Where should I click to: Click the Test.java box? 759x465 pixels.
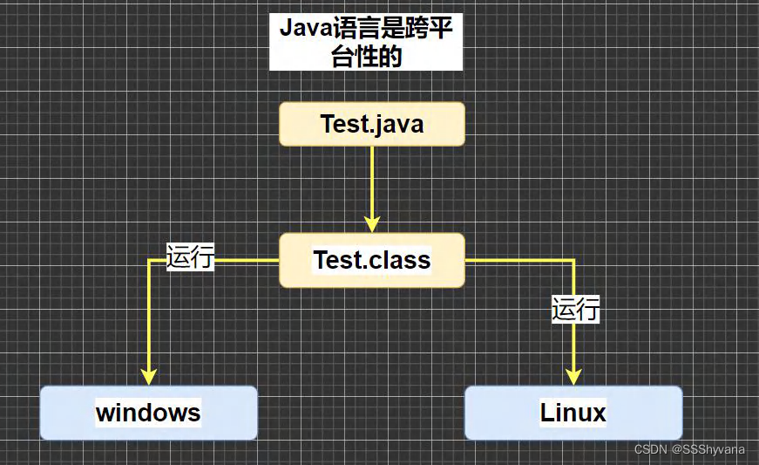coord(371,124)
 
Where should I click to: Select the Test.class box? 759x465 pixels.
coord(371,260)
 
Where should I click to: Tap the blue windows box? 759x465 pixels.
coord(148,413)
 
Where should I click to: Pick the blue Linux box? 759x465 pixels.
coord(573,413)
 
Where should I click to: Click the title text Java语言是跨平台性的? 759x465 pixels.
coord(366,42)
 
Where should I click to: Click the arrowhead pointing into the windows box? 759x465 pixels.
coord(148,376)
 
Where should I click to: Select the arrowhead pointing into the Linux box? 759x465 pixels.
coord(573,376)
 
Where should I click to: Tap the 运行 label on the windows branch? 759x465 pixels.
coord(191,256)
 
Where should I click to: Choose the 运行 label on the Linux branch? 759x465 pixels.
coord(575,309)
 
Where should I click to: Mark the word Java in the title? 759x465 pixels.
coord(299,28)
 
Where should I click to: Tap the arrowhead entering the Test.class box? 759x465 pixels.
coord(372,225)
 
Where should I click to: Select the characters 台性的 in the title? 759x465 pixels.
coord(366,57)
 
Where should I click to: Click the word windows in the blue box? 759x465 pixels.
coord(148,413)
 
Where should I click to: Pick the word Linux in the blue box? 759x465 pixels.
coord(573,413)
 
